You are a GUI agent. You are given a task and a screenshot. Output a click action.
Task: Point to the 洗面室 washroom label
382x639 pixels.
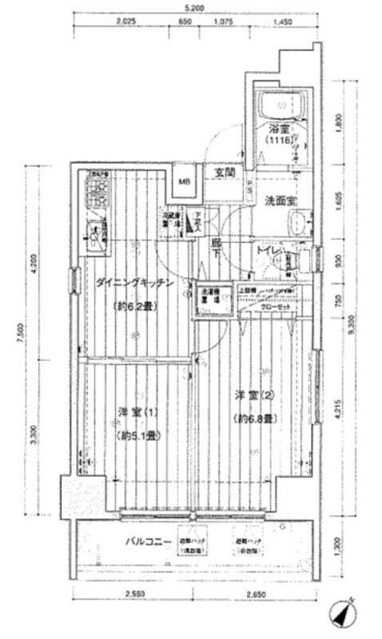[x=281, y=201]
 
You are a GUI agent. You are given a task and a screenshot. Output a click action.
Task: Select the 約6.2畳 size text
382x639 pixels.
[x=139, y=305]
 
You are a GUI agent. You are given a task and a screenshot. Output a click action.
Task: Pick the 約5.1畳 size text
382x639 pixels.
[x=137, y=435]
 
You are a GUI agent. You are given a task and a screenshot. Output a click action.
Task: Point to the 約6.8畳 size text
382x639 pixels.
[x=255, y=418]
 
